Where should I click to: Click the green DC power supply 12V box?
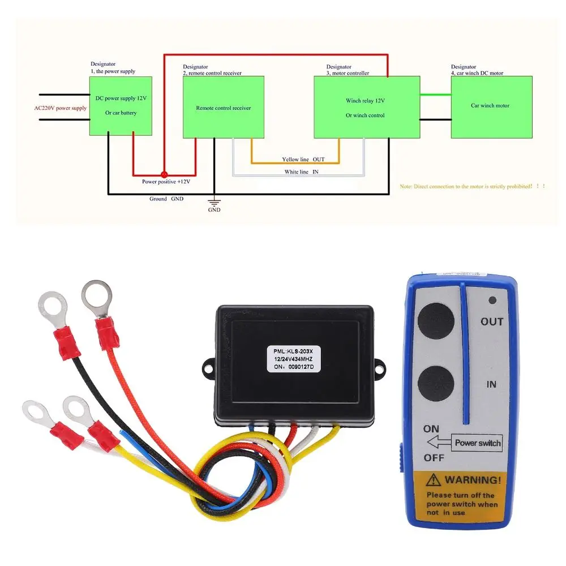tap(121, 106)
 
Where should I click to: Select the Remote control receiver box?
tap(223, 107)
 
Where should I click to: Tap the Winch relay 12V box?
tap(366, 107)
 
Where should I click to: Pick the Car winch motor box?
tap(491, 106)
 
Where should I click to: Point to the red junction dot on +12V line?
tap(164, 175)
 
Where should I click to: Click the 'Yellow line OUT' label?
tap(303, 160)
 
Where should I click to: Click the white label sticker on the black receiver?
tap(294, 359)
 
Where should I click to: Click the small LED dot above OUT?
tap(492, 301)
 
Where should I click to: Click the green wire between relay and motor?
tap(435, 95)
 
